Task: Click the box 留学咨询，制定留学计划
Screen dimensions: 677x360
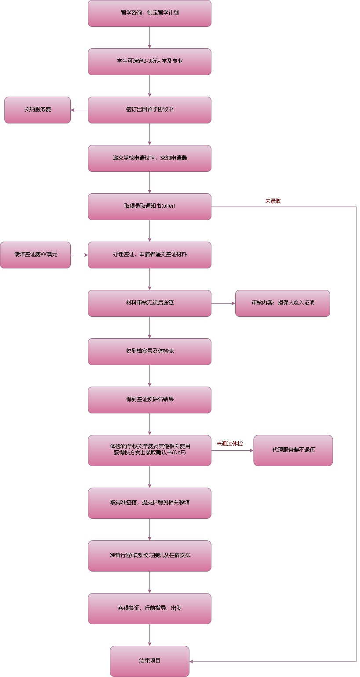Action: [x=149, y=13]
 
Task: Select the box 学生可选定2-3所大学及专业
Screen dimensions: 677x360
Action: [x=149, y=62]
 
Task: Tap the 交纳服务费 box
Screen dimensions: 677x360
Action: [x=37, y=110]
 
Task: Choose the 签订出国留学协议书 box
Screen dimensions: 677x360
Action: [x=149, y=110]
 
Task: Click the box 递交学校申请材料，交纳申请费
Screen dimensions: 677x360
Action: [x=149, y=158]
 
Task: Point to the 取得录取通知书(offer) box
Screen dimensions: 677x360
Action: [x=149, y=206]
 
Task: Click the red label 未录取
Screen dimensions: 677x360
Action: [x=273, y=201]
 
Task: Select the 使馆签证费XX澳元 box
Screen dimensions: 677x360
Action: [x=35, y=255]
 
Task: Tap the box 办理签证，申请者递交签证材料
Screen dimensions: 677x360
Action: [x=149, y=255]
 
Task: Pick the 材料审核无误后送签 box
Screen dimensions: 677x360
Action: [x=149, y=303]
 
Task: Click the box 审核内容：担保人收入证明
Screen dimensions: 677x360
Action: [x=282, y=303]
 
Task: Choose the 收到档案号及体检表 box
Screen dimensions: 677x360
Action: [x=149, y=351]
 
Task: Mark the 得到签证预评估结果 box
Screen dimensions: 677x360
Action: [x=149, y=400]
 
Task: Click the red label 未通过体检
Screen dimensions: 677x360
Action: [x=229, y=444]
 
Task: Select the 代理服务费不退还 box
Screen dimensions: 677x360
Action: [x=293, y=450]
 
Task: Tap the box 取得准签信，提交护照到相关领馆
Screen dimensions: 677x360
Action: [x=149, y=503]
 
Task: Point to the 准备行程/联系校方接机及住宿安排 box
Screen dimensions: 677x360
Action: [x=149, y=556]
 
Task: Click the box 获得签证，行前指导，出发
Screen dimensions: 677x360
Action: [x=149, y=608]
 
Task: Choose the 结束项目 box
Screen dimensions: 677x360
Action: [x=149, y=661]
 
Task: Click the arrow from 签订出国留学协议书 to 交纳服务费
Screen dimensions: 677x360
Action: [x=80, y=110]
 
